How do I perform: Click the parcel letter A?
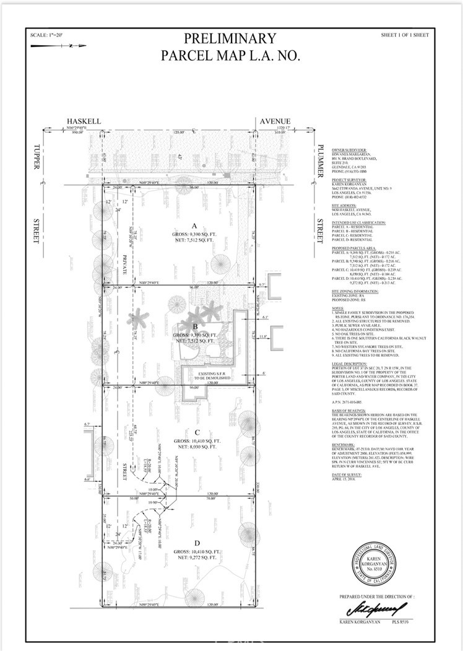click(194, 226)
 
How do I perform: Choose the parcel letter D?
click(194, 542)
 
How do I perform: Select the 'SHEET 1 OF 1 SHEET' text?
click(405, 35)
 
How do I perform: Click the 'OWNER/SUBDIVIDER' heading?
click(349, 150)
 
